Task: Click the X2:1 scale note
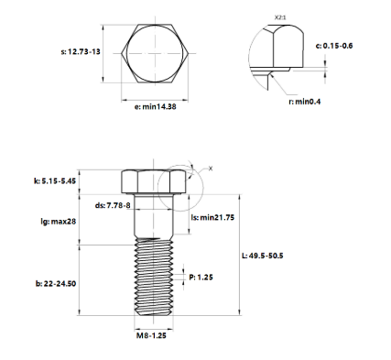coord(282,16)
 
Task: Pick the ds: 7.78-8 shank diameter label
coord(114,205)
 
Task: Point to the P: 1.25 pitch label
coord(202,276)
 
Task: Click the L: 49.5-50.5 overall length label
coord(266,256)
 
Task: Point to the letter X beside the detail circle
coord(210,169)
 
